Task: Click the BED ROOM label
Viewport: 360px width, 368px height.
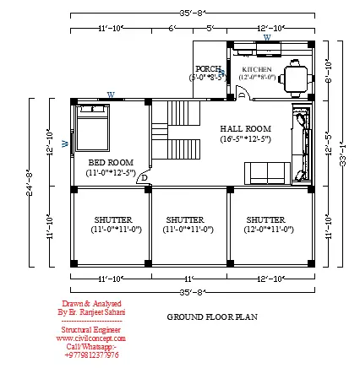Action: pyautogui.click(x=110, y=162)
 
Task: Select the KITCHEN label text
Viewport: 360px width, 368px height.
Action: pyautogui.click(x=257, y=70)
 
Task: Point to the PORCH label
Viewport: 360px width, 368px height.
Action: pyautogui.click(x=208, y=68)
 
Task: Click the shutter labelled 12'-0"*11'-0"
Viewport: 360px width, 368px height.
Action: pyautogui.click(x=270, y=224)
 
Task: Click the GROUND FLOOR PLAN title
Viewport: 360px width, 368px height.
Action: pyautogui.click(x=212, y=317)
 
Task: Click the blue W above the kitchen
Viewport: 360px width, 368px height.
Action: pyautogui.click(x=267, y=37)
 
